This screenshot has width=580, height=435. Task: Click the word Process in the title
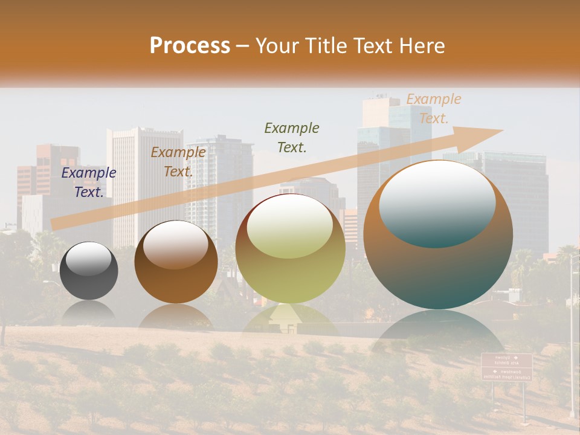click(190, 45)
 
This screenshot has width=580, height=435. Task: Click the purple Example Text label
click(89, 182)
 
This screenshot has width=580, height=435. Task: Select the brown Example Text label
click(178, 162)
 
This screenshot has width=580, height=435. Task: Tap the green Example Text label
click(292, 137)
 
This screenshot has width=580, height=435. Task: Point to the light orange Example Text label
click(433, 109)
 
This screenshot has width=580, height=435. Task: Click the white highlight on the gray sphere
click(89, 259)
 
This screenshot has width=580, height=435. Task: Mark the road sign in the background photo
click(506, 367)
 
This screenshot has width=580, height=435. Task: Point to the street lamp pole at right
click(572, 338)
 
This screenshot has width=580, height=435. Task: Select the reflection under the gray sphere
click(89, 311)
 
